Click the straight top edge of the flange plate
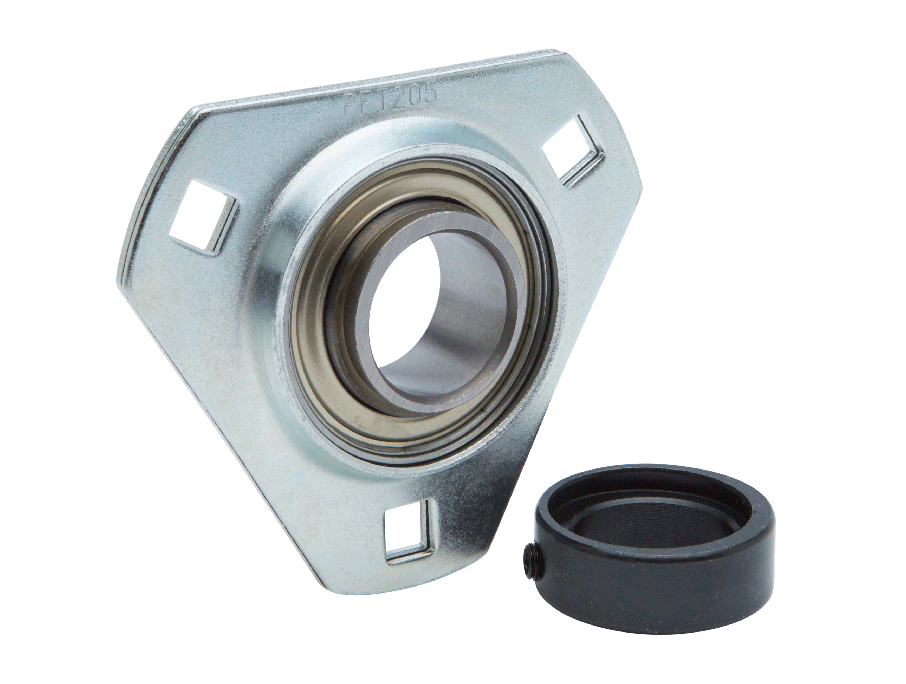(369, 82)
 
